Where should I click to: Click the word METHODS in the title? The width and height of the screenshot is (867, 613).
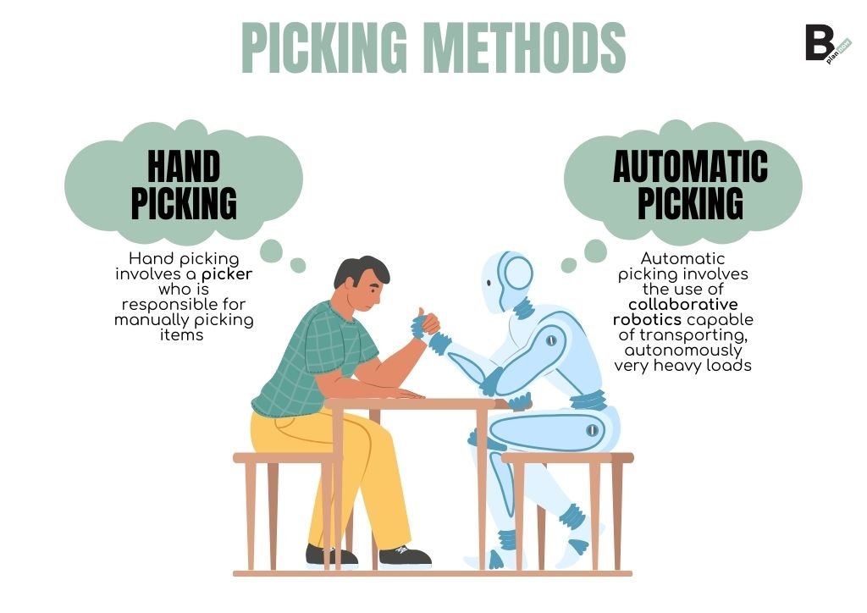point(527,47)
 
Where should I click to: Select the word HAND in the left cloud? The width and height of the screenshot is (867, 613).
point(184,167)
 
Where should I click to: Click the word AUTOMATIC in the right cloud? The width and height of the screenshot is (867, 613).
point(690,166)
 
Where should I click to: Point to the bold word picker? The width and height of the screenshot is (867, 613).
point(227,274)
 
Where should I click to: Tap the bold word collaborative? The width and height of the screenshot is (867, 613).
point(683,305)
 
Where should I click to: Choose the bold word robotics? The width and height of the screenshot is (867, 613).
point(647,320)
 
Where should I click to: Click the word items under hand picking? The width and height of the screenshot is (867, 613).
point(181,335)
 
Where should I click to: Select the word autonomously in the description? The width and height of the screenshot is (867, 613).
point(683,351)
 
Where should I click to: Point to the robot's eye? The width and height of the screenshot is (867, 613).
point(489,283)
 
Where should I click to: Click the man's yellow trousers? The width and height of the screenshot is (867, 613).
point(332,470)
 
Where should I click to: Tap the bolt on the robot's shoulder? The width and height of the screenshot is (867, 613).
point(550,340)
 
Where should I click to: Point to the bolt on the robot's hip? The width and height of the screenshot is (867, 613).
point(592,430)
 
